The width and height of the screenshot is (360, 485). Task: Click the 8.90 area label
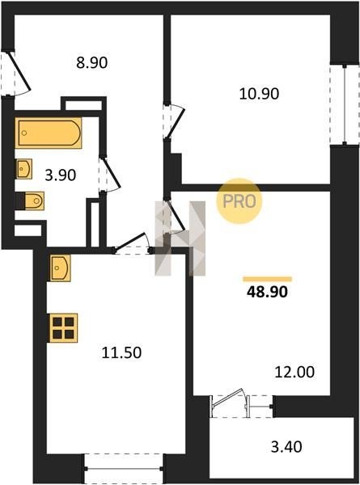(x=92, y=63)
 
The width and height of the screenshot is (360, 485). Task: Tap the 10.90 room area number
(x=259, y=94)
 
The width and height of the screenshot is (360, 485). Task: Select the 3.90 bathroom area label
(x=61, y=175)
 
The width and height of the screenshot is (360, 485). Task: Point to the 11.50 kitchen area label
(x=121, y=352)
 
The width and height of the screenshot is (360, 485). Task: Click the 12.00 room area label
(x=294, y=372)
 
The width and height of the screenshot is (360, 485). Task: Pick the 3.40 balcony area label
(x=286, y=447)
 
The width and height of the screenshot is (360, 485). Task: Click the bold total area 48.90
(x=267, y=291)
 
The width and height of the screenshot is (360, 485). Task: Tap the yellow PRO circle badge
(x=239, y=201)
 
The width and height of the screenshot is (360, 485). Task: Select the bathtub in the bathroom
(x=49, y=133)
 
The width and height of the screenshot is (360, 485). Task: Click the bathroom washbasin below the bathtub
(x=23, y=169)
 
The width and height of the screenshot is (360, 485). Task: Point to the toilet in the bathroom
(x=30, y=200)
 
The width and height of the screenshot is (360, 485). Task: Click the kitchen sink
(x=60, y=268)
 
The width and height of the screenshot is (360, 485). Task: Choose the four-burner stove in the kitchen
(x=63, y=328)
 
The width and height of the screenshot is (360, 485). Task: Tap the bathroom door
(x=109, y=175)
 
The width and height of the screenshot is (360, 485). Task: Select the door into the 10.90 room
(x=174, y=121)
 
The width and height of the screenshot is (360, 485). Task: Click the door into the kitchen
(x=132, y=244)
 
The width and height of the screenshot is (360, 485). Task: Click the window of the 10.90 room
(x=345, y=104)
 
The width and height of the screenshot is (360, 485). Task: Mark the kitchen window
(x=124, y=469)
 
